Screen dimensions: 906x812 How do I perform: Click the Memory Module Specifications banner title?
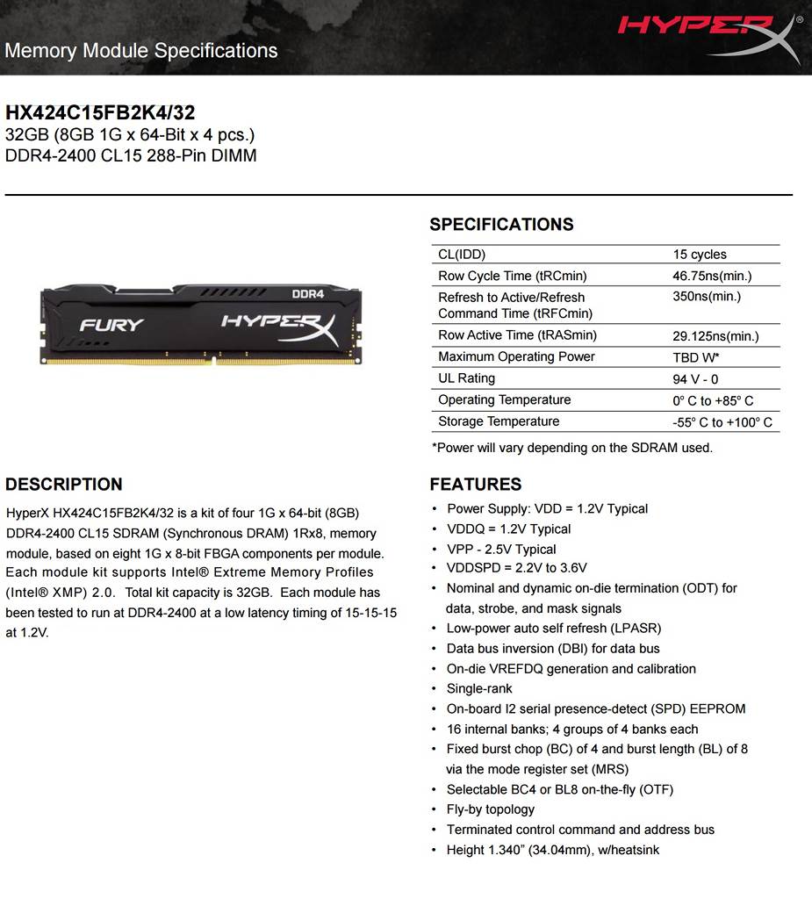pos(141,50)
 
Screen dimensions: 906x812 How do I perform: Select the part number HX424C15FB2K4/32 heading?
pos(100,112)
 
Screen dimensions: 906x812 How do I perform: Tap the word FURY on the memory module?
pos(111,325)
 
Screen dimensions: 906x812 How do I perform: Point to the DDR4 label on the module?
pos(308,293)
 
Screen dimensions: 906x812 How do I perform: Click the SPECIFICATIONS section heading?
pos(501,225)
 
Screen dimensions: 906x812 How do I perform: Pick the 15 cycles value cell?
pos(700,255)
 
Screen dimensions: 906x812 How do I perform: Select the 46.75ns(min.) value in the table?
pos(712,276)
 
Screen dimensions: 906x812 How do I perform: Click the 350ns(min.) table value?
pos(707,297)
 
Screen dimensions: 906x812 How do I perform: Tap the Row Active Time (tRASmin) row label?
pos(517,335)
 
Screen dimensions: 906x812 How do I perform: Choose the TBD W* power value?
pos(696,357)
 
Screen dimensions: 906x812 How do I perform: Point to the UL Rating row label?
pos(466,378)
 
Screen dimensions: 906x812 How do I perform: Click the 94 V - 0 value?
pos(695,379)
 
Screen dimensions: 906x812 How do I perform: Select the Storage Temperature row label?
pos(499,421)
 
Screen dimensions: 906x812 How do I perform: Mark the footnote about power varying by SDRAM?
pos(571,448)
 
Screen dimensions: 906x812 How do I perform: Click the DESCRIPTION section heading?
pos(64,485)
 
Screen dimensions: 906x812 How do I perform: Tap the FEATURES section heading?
pos(475,485)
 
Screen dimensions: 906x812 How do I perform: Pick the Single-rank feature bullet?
pos(479,689)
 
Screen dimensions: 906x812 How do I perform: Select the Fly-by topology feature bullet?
pos(490,809)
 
